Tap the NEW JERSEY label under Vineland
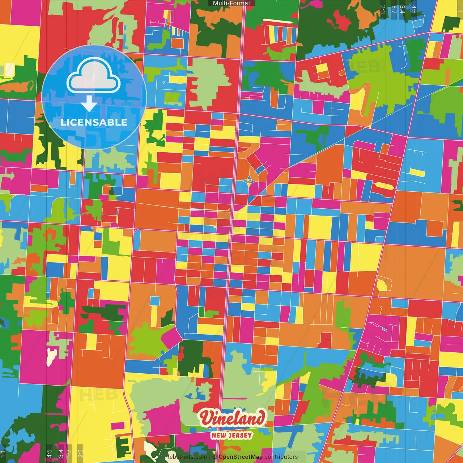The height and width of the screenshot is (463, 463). tap(231, 435)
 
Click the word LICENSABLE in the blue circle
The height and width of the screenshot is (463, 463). tap(94, 122)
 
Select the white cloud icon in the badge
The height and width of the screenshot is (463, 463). tap(94, 76)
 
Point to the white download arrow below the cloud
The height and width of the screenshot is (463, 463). tap(89, 104)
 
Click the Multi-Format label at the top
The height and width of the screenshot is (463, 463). tap(231, 3)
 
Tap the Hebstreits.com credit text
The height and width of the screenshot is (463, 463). tap(186, 457)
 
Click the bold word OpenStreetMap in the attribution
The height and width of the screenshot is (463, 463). tap(241, 457)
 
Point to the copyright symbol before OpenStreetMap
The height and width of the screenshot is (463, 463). tap(214, 457)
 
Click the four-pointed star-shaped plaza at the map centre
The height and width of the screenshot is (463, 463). tap(249, 180)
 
